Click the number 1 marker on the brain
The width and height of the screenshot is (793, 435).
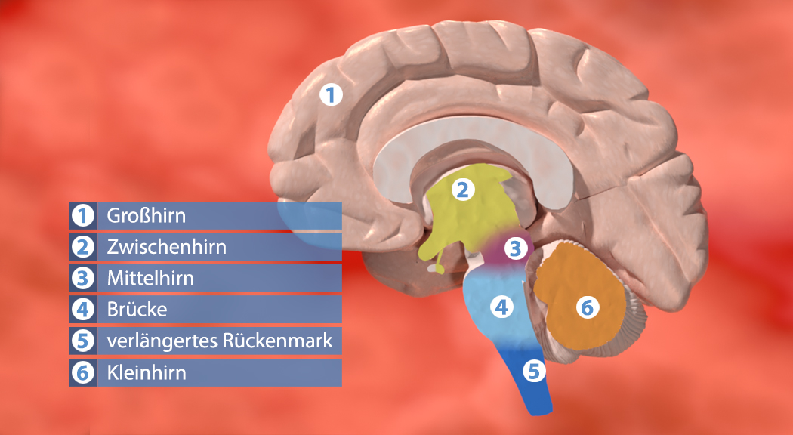(x=331, y=95)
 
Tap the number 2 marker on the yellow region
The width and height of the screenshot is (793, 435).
(x=462, y=190)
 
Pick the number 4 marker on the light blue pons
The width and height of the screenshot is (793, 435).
(x=500, y=306)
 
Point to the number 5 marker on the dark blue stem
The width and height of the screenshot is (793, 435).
(x=533, y=371)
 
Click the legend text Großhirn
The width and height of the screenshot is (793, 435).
(x=147, y=216)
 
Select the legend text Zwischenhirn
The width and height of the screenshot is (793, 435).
(x=167, y=247)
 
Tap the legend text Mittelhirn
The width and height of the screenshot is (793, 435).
(x=150, y=278)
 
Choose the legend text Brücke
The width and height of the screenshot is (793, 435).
(x=137, y=310)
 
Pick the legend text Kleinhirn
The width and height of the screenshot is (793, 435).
(x=147, y=372)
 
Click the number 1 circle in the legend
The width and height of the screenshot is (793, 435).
(x=82, y=216)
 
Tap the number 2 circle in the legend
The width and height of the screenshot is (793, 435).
(x=82, y=247)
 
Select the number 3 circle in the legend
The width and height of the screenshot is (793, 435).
(x=82, y=278)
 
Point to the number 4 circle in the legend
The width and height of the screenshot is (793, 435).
(x=82, y=310)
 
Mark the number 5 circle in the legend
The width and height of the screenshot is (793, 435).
(x=82, y=341)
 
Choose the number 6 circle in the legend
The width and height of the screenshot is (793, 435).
(x=82, y=372)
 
